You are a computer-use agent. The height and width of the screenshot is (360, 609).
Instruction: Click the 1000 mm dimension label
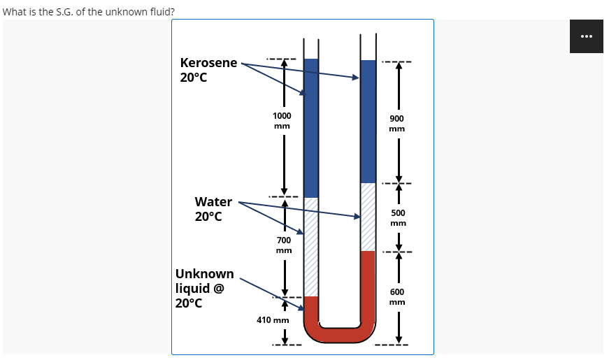click(x=282, y=120)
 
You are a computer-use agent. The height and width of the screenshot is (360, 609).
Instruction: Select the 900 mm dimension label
click(x=397, y=124)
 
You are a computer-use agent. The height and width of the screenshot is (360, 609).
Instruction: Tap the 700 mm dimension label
click(x=283, y=245)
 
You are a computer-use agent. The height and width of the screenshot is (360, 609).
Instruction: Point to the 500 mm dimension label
click(x=397, y=217)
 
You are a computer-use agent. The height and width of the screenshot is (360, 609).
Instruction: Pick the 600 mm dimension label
click(x=397, y=297)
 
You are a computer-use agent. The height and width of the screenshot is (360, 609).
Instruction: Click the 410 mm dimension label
click(x=273, y=319)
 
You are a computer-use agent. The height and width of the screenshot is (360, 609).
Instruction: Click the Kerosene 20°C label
click(x=208, y=69)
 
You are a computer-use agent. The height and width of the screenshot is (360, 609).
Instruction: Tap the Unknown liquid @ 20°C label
click(x=204, y=288)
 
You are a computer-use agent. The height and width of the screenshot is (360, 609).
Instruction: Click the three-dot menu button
click(x=586, y=36)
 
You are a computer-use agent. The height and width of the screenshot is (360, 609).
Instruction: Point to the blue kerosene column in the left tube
click(x=311, y=126)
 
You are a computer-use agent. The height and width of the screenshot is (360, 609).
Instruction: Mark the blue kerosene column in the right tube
click(x=368, y=119)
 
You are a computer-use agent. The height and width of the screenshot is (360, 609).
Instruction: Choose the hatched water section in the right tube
click(x=368, y=217)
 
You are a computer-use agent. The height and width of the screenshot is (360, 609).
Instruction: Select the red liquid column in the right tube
click(x=368, y=287)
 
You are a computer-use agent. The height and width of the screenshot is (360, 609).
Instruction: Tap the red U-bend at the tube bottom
click(x=340, y=335)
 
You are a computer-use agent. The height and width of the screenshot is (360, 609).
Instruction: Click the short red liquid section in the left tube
click(x=311, y=308)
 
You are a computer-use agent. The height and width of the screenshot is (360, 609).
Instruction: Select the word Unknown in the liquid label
click(x=204, y=273)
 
